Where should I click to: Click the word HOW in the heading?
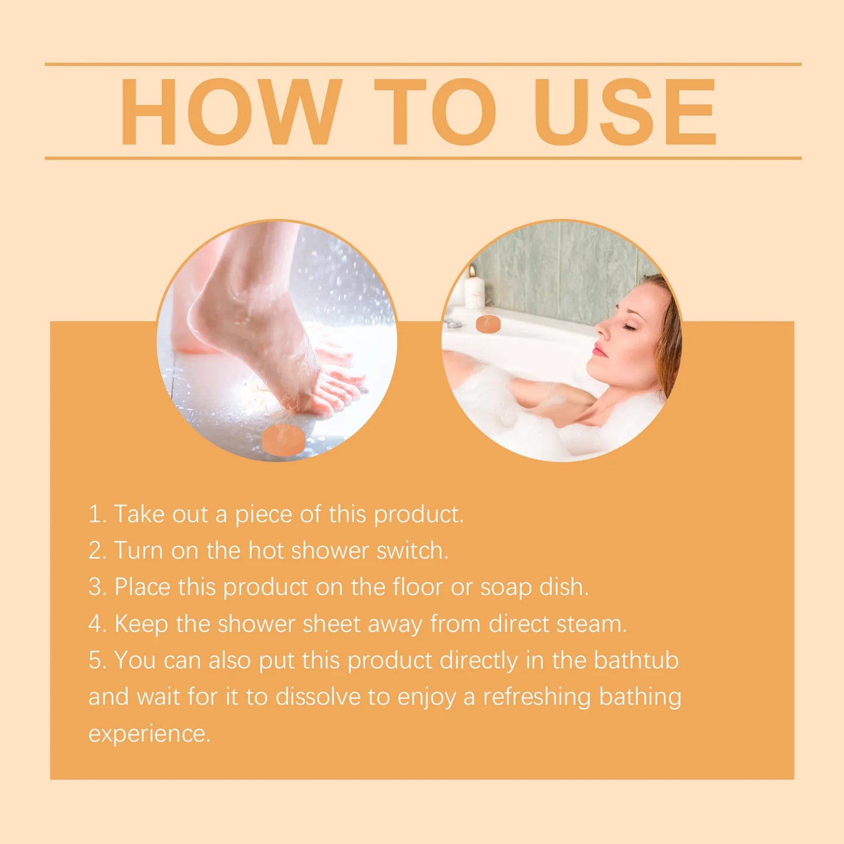coord(231,112)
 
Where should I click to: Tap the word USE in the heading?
coord(624,112)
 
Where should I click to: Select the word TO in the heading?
coord(435,112)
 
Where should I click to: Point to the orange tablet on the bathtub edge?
coord(488,324)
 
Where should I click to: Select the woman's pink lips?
coord(599,350)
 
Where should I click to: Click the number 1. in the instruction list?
coord(97,515)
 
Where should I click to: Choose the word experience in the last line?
coord(149,734)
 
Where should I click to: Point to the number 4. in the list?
coord(98,624)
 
